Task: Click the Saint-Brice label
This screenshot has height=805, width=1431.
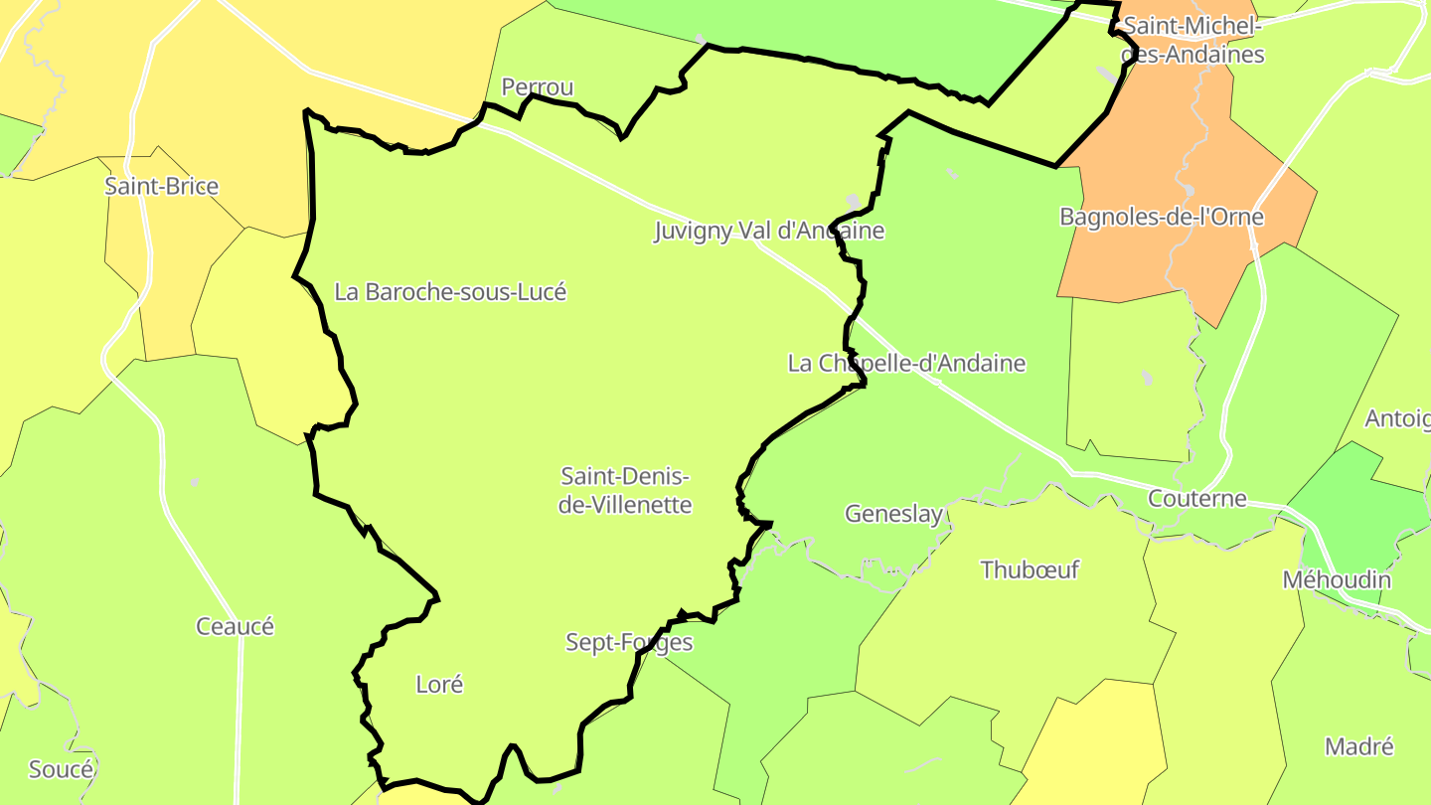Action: [x=162, y=186]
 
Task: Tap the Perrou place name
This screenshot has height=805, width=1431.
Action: [x=538, y=87]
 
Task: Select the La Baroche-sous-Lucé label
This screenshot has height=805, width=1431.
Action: [x=450, y=292]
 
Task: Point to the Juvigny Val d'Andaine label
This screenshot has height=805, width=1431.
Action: [x=769, y=232]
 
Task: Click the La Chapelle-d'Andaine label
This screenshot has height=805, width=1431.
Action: [x=906, y=364]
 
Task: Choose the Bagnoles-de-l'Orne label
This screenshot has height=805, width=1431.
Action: [x=1162, y=217]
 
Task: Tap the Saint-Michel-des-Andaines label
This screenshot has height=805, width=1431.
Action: [x=1191, y=41]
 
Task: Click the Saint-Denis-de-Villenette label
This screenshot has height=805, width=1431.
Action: [x=625, y=490]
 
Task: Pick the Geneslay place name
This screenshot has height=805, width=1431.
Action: [x=893, y=514]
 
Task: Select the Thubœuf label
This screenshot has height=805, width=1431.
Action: [x=1030, y=570]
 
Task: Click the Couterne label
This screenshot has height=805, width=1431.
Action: [x=1196, y=498]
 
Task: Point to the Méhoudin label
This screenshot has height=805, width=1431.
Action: [x=1337, y=579]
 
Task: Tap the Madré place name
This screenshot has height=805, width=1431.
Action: [x=1359, y=746]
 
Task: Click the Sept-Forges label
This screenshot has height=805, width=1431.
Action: [x=629, y=642]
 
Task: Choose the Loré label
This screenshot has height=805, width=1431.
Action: [x=439, y=685]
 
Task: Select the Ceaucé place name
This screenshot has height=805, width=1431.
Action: [x=235, y=627]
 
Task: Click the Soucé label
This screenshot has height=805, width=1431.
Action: [x=61, y=769]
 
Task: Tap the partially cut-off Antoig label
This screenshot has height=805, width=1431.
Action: [x=1397, y=418]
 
